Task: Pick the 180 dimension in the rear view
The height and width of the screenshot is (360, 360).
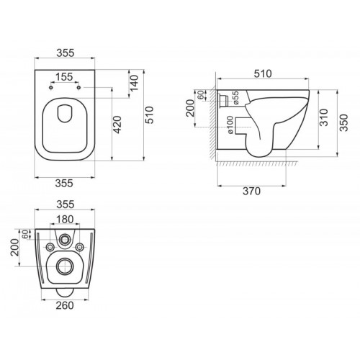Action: pos(66,220)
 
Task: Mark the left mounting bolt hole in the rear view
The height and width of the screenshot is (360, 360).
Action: pos(49,248)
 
